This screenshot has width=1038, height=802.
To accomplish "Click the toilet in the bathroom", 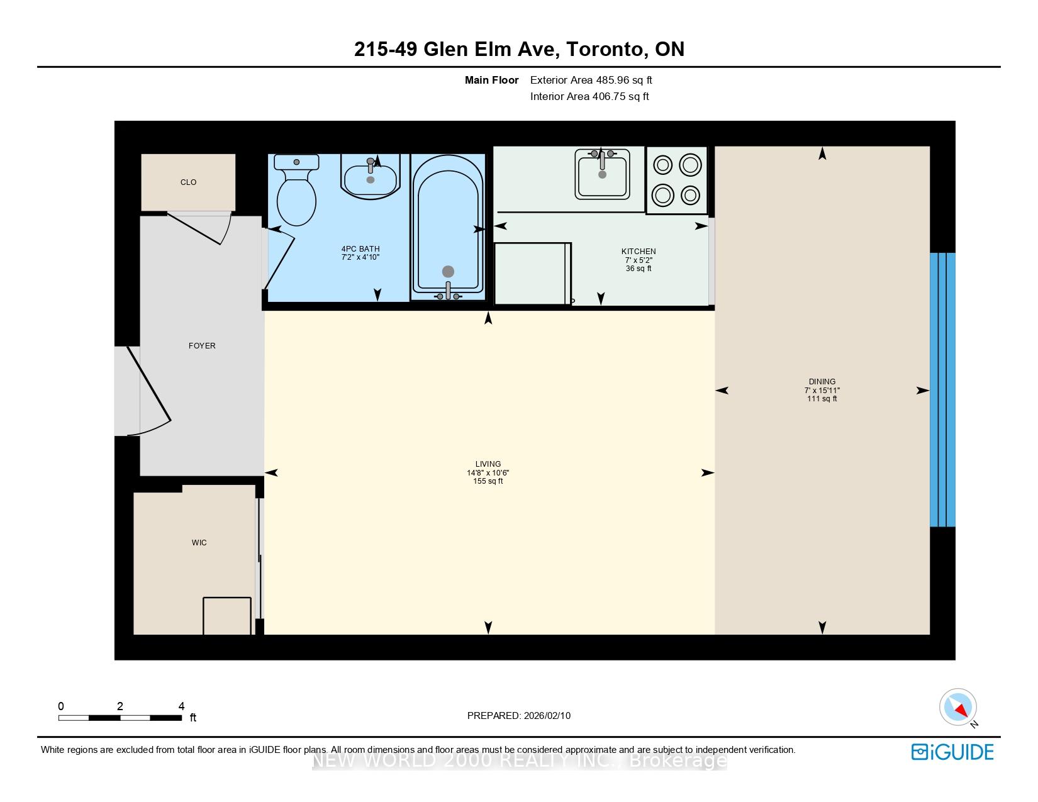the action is pyautogui.click(x=296, y=189).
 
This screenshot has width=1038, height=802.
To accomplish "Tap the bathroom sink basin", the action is pyautogui.click(x=370, y=176).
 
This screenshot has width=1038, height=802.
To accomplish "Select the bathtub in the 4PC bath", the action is pyautogui.click(x=447, y=227).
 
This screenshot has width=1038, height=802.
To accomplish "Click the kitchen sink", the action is pyautogui.click(x=602, y=174).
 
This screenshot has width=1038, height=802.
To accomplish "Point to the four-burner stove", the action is pyautogui.click(x=676, y=180).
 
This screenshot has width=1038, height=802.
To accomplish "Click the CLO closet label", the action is pyautogui.click(x=188, y=182).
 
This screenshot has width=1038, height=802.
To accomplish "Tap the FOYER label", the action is pyautogui.click(x=202, y=345).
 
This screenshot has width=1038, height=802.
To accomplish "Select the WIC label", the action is pyautogui.click(x=199, y=543).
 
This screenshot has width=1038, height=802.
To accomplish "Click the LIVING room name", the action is pyautogui.click(x=488, y=464).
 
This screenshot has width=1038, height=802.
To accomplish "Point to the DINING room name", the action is pyautogui.click(x=822, y=382).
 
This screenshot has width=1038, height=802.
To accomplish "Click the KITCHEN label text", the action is pyautogui.click(x=638, y=251).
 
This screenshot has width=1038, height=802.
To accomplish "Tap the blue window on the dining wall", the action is pyautogui.click(x=942, y=390).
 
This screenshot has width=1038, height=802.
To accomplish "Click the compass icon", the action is pyautogui.click(x=957, y=707).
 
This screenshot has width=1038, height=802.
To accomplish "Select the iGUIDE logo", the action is pyautogui.click(x=952, y=752).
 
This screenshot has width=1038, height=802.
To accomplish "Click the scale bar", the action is pyautogui.click(x=120, y=718).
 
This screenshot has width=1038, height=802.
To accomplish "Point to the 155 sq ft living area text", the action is pyautogui.click(x=488, y=481).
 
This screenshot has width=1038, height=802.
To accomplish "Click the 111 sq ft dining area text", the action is pyautogui.click(x=822, y=399).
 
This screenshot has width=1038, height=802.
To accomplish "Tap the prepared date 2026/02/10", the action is pyautogui.click(x=547, y=716).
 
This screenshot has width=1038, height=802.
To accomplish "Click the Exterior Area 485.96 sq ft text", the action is pyautogui.click(x=591, y=81).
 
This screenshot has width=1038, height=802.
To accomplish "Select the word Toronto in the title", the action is pyautogui.click(x=606, y=50).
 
